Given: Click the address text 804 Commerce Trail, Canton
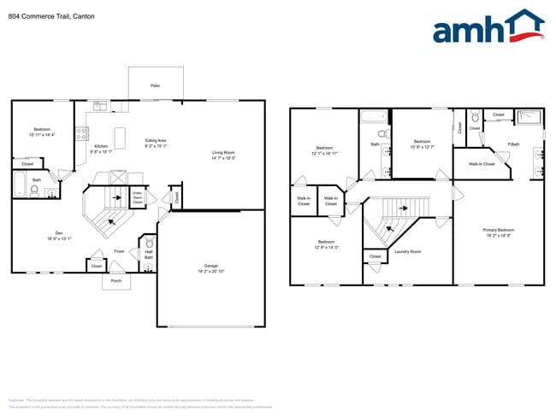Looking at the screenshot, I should [x=50, y=16].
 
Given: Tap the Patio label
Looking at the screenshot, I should [x=155, y=85].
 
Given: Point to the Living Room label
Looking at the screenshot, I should [x=224, y=153].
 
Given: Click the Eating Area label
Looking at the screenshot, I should [x=156, y=140].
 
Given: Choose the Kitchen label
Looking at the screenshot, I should [x=101, y=145].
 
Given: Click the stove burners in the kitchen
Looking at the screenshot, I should [x=83, y=132].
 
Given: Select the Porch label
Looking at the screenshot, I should [x=116, y=280].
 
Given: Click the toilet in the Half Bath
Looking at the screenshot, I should [x=148, y=243].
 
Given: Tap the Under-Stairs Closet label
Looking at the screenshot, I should [x=137, y=198].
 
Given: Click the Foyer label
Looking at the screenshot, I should [x=120, y=251].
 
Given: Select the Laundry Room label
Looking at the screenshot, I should [x=407, y=251].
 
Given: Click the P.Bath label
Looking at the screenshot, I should [x=514, y=144].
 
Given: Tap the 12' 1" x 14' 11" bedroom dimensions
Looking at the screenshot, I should [x=324, y=153].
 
